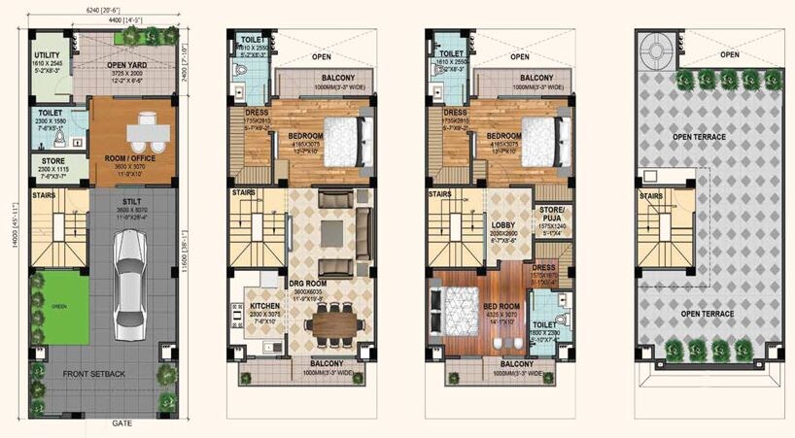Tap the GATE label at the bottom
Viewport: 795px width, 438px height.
coord(121,423)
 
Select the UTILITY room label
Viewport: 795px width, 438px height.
coord(48,56)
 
